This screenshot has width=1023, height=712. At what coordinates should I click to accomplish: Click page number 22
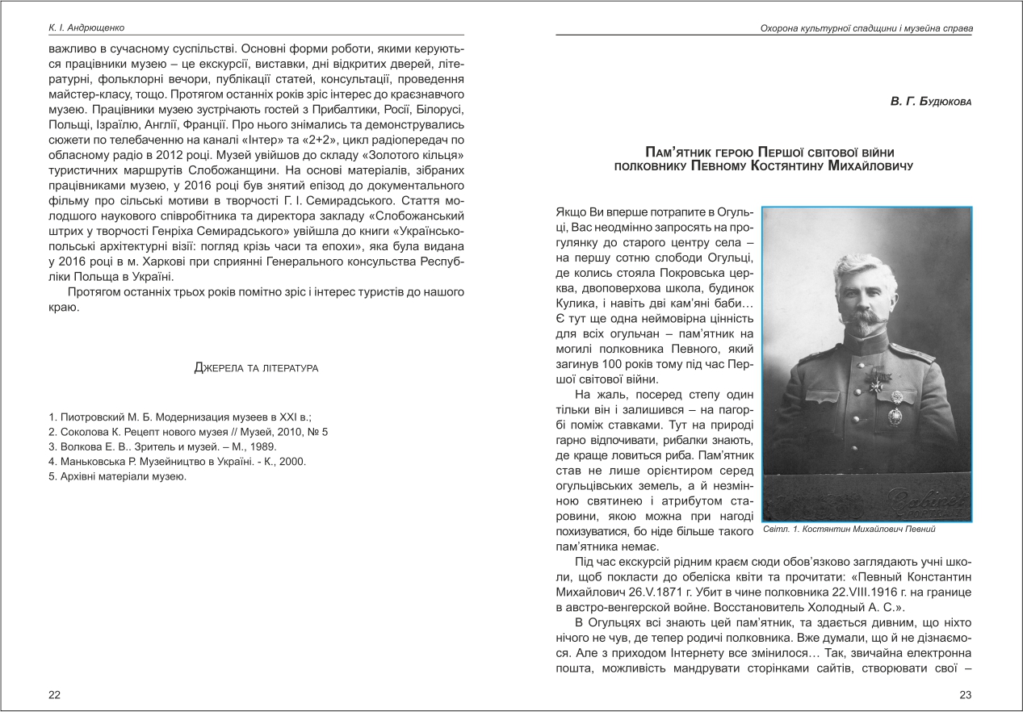54,694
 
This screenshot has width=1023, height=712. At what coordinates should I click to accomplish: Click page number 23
966,694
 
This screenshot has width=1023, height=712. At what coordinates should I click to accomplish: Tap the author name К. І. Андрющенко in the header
88,28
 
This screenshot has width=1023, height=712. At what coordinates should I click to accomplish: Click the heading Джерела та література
256,369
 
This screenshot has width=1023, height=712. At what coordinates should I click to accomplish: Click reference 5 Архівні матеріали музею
118,476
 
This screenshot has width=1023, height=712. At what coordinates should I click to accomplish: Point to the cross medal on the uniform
876,384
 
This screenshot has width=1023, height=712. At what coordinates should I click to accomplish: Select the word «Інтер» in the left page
282,140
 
